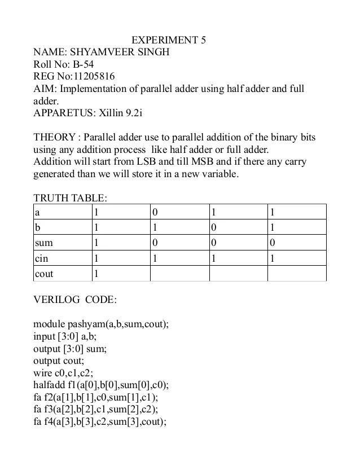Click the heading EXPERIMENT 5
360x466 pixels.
[x=169, y=41]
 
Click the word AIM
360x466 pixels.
[x=45, y=89]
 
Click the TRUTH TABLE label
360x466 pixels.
[x=70, y=198]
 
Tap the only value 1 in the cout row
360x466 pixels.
[x=96, y=274]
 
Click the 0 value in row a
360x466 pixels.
[x=155, y=213]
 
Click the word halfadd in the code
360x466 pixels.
[x=50, y=385]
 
